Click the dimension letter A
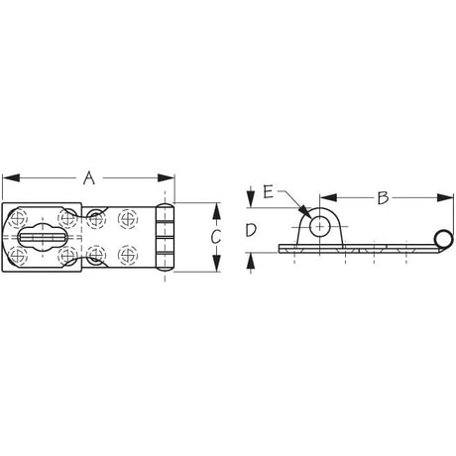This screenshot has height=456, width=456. (x=89, y=177)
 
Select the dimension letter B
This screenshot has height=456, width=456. (x=383, y=198)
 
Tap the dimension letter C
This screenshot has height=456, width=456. (x=216, y=237)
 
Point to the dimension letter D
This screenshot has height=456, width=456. (x=251, y=230)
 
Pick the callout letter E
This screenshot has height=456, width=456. (x=269, y=192)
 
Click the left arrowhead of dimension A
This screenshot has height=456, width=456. (x=11, y=177)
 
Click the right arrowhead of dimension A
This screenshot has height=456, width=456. (x=166, y=177)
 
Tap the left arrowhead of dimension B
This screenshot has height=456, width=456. (x=328, y=198)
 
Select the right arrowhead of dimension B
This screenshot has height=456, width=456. (x=445, y=198)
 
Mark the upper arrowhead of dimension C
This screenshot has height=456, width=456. (x=216, y=211)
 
